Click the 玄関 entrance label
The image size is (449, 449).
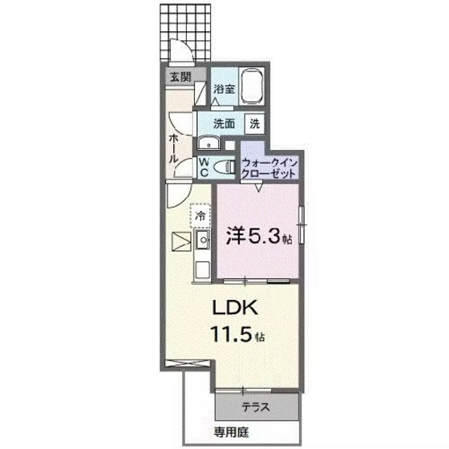[180, 78]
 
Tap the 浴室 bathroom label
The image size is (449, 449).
[224, 91]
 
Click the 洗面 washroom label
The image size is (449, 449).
[224, 123]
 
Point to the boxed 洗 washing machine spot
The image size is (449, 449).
[253, 123]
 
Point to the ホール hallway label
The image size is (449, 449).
[173, 148]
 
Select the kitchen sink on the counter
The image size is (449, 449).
[201, 238]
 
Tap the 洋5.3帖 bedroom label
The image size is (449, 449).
[257, 237]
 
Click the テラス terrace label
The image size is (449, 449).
[257, 407]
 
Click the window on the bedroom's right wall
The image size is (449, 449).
[301, 226]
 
